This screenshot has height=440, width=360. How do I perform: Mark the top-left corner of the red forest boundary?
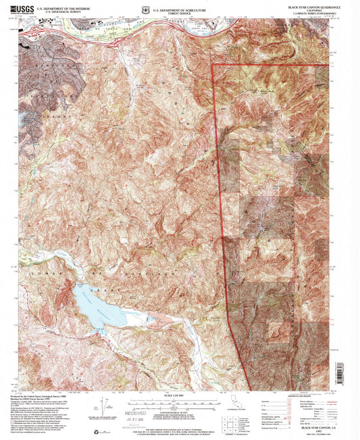pyautogui.click(x=213, y=65)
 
